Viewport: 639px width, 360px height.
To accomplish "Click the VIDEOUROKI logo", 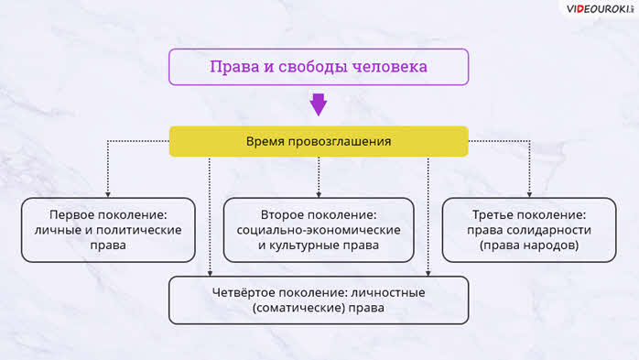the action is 600,9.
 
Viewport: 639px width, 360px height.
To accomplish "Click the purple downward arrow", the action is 319,104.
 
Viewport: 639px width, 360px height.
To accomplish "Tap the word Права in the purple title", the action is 234,67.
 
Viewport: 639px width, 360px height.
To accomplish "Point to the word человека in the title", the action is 390,67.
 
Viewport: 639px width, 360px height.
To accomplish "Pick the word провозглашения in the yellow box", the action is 341,142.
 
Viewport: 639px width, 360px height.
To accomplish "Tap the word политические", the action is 139,230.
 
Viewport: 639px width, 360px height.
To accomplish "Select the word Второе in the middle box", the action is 284,215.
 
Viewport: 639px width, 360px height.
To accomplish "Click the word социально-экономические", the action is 319,230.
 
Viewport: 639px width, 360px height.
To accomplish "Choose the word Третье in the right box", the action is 494,215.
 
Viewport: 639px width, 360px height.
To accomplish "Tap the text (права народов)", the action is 529,245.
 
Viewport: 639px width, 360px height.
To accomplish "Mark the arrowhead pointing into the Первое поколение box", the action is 108,194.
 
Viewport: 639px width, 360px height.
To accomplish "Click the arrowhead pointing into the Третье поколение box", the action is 529,194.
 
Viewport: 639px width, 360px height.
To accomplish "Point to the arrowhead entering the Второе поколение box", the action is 319,194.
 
